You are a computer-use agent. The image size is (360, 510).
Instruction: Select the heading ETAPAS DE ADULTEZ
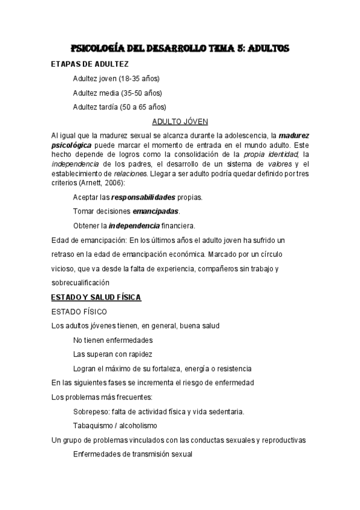tap(90, 63)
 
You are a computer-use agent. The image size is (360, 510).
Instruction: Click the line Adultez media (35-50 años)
tap(117, 93)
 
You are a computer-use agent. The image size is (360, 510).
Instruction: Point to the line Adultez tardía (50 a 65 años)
tap(119, 107)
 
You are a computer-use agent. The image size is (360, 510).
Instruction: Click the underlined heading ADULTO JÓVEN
tap(180, 121)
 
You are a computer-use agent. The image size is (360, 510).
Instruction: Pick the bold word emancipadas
tap(156, 211)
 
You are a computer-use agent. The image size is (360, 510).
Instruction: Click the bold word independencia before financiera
tap(133, 226)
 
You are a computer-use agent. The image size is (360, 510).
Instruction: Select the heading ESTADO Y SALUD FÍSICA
tap(96, 297)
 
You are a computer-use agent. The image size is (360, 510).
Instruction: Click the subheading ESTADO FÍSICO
tap(79, 312)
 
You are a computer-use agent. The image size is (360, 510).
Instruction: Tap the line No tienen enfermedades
tap(113, 340)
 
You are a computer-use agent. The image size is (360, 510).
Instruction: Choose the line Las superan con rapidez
tap(112, 354)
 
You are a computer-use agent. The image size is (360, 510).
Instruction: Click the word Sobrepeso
tap(90, 411)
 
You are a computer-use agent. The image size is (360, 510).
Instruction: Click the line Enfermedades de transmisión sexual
tap(132, 454)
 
